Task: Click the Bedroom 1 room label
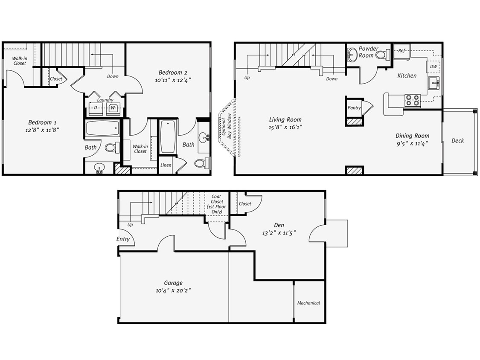click(41, 122)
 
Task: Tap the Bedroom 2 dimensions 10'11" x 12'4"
click(173, 79)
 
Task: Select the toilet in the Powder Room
click(382, 55)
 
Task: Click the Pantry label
click(354, 108)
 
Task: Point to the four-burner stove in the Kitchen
click(412, 100)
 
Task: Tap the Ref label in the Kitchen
click(401, 51)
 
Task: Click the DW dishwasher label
click(433, 67)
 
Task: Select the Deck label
click(457, 141)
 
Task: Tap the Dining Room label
click(412, 136)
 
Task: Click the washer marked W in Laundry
click(113, 107)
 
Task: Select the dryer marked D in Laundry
click(96, 107)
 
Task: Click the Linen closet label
click(166, 165)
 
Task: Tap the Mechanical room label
click(308, 303)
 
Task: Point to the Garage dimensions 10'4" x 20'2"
click(173, 290)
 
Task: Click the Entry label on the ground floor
click(123, 239)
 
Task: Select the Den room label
click(279, 225)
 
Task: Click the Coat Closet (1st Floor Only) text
click(217, 204)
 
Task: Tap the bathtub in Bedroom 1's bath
click(102, 128)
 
